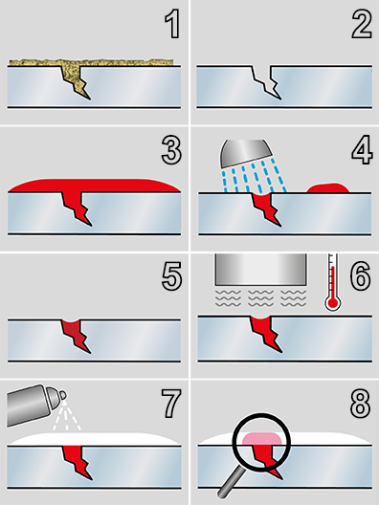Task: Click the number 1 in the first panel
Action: coord(172,25)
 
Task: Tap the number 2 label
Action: coord(362,25)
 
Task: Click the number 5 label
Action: coord(171,276)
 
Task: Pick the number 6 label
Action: coord(361,276)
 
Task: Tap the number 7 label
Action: coord(171,404)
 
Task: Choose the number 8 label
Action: coord(361,404)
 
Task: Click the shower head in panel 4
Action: coord(246,152)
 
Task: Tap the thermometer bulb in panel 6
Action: coord(333,303)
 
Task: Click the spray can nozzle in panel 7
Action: coord(62,395)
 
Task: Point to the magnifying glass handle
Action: coord(232,481)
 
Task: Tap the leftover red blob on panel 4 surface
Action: coord(327,187)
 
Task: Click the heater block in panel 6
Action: coord(260,270)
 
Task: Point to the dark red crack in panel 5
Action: coord(76,336)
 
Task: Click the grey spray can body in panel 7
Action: coord(28,406)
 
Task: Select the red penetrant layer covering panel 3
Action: coord(94,186)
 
